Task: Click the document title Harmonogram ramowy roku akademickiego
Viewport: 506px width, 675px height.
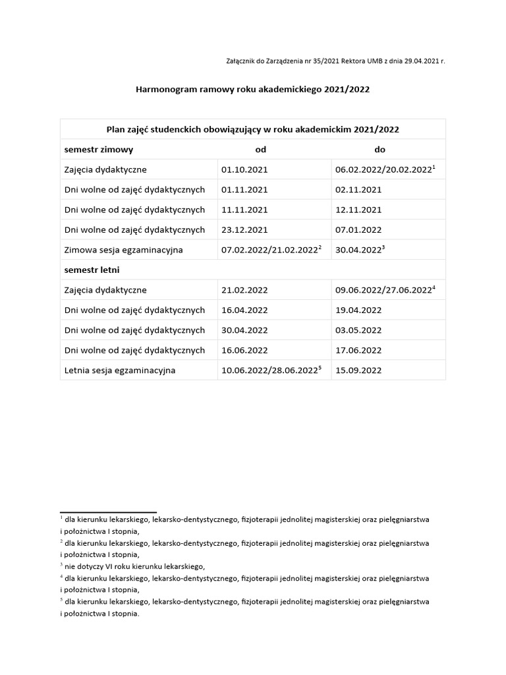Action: click(x=252, y=89)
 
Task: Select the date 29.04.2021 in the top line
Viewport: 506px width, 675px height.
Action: click(x=419, y=61)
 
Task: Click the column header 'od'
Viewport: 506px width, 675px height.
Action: click(x=260, y=150)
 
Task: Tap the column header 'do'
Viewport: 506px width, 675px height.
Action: click(x=379, y=150)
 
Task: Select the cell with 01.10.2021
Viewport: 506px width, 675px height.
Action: click(x=244, y=170)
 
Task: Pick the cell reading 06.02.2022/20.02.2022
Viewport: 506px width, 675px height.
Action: click(x=383, y=170)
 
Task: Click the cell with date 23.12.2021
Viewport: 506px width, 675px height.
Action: click(x=244, y=230)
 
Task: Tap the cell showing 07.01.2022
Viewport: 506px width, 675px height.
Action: click(x=358, y=230)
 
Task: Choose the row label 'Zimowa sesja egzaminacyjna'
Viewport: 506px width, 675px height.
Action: click(x=123, y=250)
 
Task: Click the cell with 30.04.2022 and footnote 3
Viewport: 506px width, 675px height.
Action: click(x=360, y=250)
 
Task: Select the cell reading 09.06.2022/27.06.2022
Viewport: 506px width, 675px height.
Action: click(x=383, y=290)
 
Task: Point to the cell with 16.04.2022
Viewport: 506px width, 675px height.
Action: click(x=244, y=310)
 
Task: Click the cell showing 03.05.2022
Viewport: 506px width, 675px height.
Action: click(x=358, y=330)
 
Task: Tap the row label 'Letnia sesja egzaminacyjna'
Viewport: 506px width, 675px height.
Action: click(x=120, y=370)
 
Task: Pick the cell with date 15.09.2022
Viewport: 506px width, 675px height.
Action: click(x=358, y=370)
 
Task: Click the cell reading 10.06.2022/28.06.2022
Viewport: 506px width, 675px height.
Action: click(x=271, y=370)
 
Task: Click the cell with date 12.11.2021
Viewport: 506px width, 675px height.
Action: click(x=358, y=210)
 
